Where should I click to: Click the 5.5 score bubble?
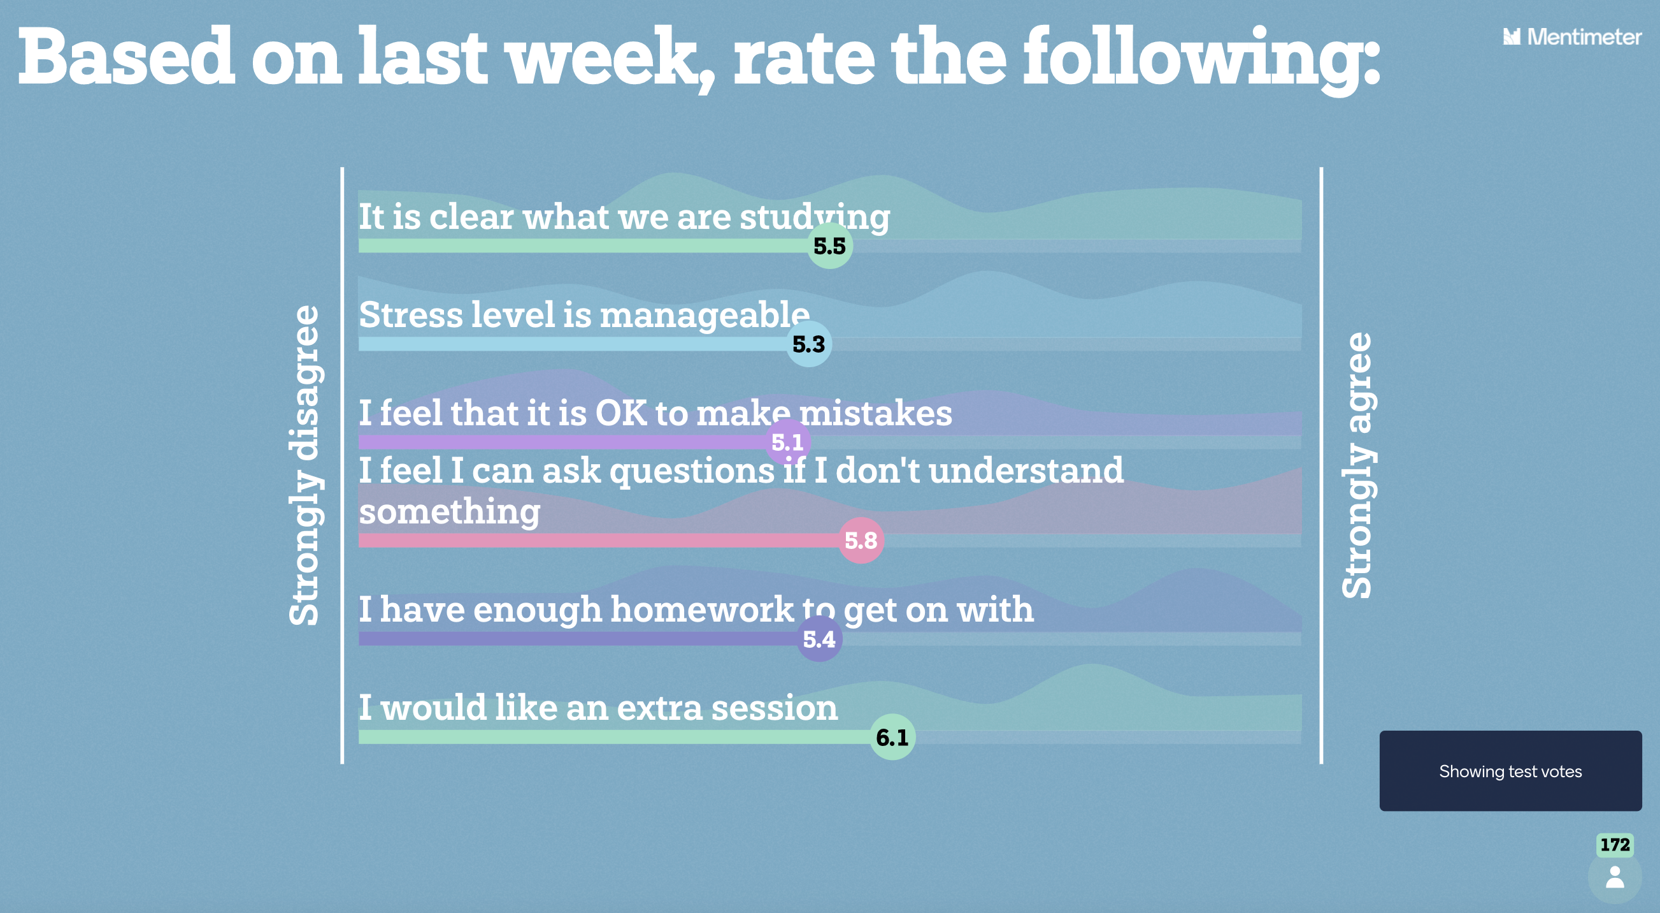pos(830,245)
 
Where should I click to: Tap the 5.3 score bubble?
pos(809,344)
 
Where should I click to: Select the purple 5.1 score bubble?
pos(787,442)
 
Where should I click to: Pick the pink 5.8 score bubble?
pos(861,540)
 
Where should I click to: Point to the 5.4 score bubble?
pos(819,639)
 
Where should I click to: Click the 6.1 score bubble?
pos(892,737)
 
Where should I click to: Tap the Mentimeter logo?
pos(1572,37)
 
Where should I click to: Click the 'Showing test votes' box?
pos(1510,771)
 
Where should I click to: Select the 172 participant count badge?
pos(1615,845)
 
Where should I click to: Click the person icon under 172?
pos(1615,877)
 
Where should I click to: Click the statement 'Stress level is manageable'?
pos(584,315)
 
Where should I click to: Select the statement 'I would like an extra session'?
pos(598,707)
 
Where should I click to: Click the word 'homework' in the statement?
pos(703,610)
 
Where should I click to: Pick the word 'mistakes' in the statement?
pos(875,413)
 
